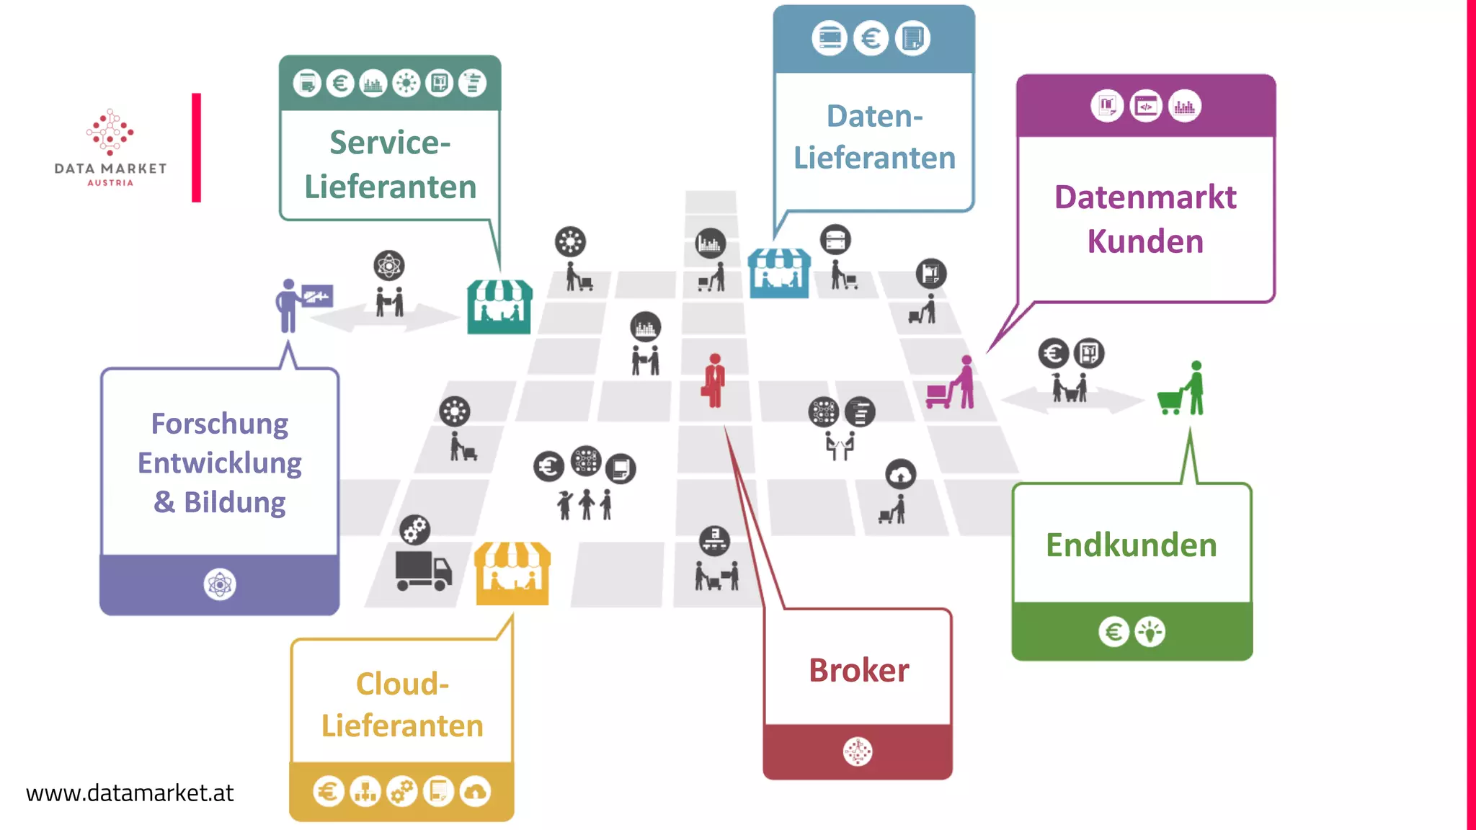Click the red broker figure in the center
pos(714,380)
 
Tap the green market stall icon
pos(499,307)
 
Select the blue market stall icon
pos(778,273)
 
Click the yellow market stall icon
pos(512,574)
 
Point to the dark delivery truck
pos(423,571)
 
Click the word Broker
pos(858,671)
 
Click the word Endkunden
pos(1131,545)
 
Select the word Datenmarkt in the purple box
pos(1144,197)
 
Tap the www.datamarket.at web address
pos(130,793)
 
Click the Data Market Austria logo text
pos(110,169)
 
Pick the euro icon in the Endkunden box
pos(1113,632)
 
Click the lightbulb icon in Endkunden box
pos(1150,632)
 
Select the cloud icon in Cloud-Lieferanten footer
pos(476,792)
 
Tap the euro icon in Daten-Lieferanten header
pos(871,38)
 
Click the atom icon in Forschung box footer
pos(219,584)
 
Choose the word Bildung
pos(235,502)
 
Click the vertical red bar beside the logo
pos(196,148)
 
